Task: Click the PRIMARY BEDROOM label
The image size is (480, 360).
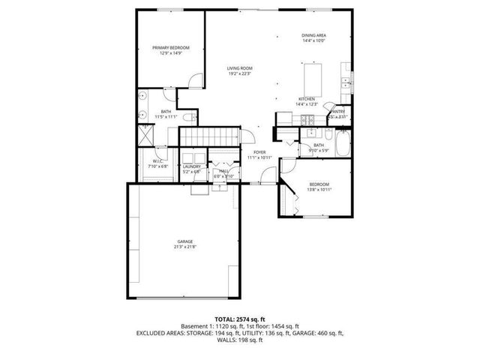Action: tap(170, 48)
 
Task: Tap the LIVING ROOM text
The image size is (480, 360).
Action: tap(239, 68)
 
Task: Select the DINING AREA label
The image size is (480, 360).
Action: tap(313, 35)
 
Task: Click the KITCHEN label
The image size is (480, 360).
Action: tap(306, 99)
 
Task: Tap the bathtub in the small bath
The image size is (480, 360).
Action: tap(343, 145)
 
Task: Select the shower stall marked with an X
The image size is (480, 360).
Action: tap(144, 136)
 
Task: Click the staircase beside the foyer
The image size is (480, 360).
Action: tap(208, 137)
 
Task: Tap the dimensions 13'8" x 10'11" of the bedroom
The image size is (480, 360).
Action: tap(319, 190)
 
